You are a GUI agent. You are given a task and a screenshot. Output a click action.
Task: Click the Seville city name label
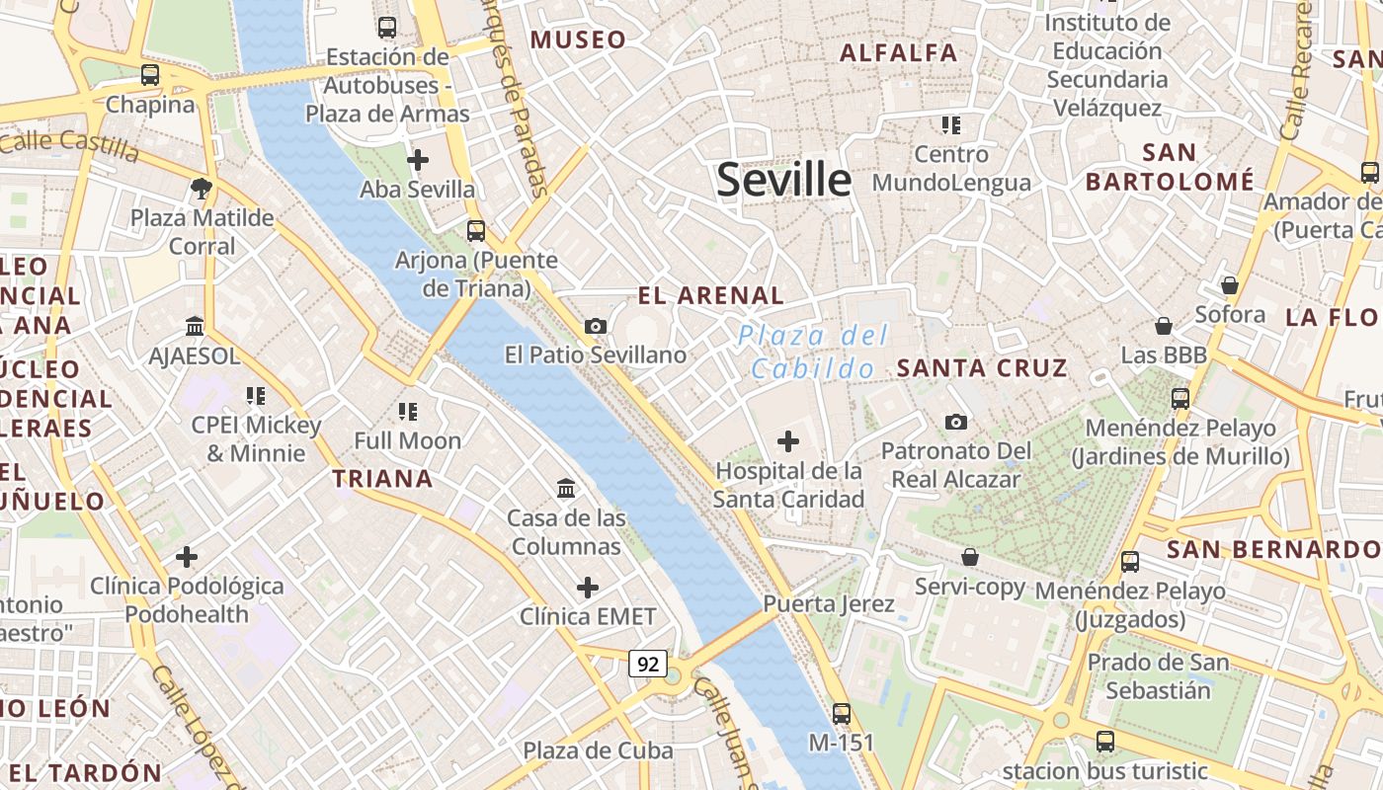(783, 180)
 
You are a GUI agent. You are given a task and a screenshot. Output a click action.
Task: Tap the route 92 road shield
(648, 664)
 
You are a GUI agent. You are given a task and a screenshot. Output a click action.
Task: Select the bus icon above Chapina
(150, 74)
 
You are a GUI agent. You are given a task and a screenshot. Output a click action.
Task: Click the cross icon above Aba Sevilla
(418, 159)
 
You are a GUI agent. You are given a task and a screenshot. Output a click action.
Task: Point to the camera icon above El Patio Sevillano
(595, 326)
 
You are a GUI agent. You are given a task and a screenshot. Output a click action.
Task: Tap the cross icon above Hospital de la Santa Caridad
(788, 441)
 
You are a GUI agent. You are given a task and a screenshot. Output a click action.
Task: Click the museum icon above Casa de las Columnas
(566, 488)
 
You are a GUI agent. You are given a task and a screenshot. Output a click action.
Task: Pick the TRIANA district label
(382, 479)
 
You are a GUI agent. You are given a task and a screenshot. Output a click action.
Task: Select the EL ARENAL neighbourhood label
(711, 295)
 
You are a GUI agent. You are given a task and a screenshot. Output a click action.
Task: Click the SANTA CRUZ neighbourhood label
(982, 368)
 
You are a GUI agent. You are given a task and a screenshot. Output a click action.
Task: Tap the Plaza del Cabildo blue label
(813, 353)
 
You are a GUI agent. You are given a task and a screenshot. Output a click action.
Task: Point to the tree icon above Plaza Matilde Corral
(202, 188)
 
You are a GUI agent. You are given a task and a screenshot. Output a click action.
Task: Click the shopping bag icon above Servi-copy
(970, 558)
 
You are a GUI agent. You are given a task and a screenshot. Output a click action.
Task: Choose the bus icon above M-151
(842, 713)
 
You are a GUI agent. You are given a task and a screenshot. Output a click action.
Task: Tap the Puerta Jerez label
(829, 603)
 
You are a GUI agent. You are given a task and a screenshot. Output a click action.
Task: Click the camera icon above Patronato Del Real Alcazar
(955, 423)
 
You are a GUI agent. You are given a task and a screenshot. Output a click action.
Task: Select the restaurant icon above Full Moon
(408, 411)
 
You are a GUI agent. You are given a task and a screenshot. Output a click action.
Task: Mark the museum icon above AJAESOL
(195, 326)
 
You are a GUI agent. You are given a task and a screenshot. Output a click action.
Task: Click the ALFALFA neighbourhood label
(899, 52)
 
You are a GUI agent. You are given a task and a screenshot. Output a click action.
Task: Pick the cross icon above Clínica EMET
(588, 589)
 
